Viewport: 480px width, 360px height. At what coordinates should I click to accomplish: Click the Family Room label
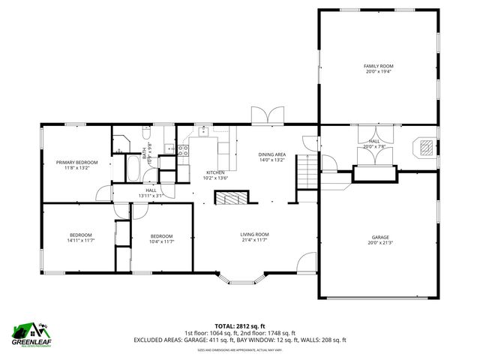tap(379, 66)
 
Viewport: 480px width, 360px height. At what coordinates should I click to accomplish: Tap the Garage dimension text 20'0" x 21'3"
tap(379, 243)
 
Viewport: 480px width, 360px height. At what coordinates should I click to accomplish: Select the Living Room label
tap(254, 235)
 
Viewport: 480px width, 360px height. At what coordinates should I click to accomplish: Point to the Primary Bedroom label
tap(76, 163)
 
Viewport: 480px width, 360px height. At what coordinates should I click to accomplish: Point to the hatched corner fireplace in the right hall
tap(425, 146)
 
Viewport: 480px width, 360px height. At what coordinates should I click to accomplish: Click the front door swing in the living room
tap(306, 263)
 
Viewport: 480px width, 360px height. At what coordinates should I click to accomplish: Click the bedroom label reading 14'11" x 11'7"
tap(80, 241)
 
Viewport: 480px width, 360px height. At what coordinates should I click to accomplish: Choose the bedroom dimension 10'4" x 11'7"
tap(161, 241)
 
